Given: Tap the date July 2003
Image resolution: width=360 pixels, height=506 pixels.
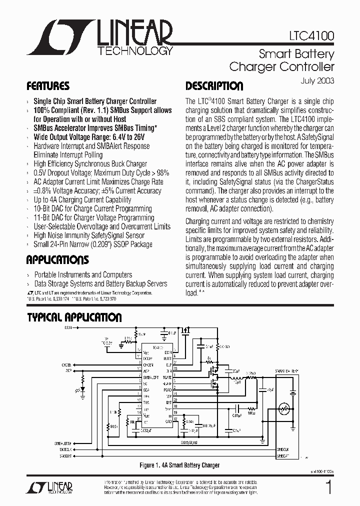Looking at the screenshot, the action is tap(318, 80).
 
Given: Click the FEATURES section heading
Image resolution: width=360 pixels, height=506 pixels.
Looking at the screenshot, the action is tap(48, 86).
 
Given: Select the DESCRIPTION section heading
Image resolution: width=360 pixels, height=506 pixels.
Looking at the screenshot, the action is tap(214, 86).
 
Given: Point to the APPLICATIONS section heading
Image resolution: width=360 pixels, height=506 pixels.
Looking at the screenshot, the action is tap(57, 260).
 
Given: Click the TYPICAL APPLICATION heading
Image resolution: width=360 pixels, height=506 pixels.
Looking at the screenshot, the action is tap(74, 317).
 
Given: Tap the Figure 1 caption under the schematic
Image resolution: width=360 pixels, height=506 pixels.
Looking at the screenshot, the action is tap(179, 465).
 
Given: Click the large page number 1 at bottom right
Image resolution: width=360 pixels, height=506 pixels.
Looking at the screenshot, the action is tap(328, 487).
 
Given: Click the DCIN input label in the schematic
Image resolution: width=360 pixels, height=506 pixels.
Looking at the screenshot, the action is tap(68, 327).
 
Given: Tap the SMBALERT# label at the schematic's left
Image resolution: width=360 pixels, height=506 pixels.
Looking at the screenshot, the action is tap(63, 442).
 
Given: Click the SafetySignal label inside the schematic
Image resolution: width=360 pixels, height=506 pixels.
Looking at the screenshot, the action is tap(188, 443).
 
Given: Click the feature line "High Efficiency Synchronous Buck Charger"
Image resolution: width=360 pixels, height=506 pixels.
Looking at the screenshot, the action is tap(90, 164).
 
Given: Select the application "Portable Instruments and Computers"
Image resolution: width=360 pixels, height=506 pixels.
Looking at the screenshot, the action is tap(83, 275).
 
